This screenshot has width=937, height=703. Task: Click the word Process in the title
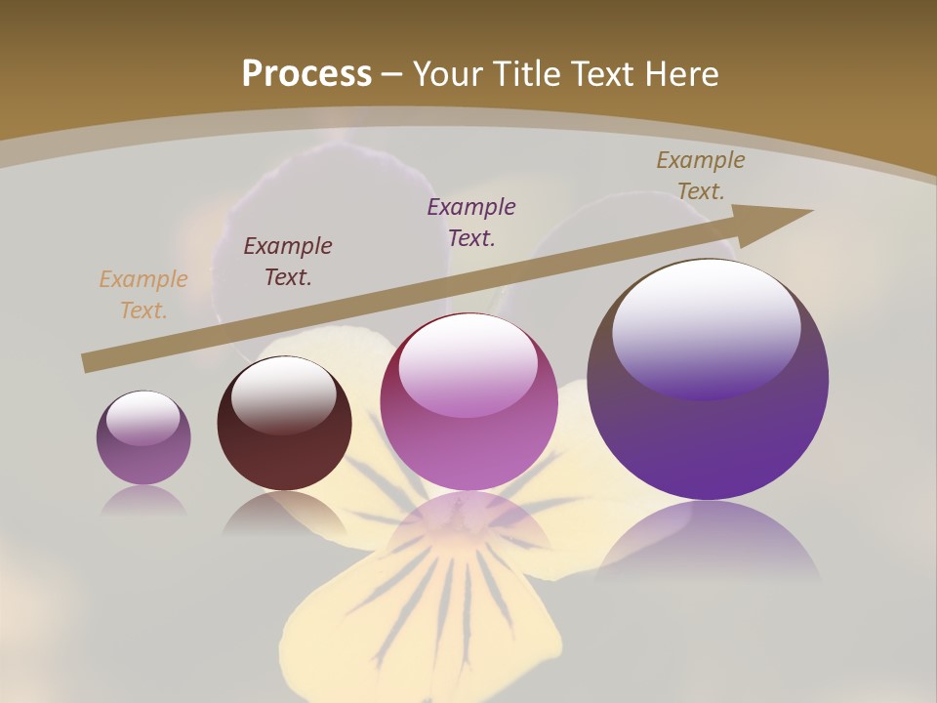[x=306, y=74]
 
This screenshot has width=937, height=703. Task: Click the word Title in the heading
[x=530, y=74]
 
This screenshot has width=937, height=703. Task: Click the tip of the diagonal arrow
[x=811, y=211]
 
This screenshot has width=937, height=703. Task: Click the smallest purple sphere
[x=143, y=437]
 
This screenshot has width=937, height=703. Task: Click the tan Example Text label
[x=143, y=295]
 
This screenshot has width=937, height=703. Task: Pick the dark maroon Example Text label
[x=288, y=262]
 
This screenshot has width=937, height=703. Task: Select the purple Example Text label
[x=471, y=222]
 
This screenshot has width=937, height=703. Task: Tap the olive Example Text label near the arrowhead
[x=701, y=176]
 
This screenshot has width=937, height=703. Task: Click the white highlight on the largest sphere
[x=707, y=322]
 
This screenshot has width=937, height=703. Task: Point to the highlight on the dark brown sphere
[x=283, y=394]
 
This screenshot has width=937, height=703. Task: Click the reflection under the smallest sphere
[x=143, y=502]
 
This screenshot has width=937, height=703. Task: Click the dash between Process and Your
[x=392, y=74]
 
